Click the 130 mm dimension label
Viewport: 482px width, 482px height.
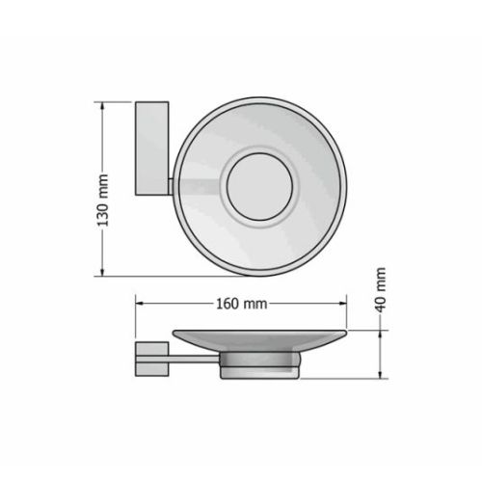point(103,201)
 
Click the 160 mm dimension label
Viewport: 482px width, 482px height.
point(241,304)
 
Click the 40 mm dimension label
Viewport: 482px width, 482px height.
point(381,290)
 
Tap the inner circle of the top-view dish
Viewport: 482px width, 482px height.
point(259,187)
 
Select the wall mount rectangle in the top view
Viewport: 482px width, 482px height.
point(152,148)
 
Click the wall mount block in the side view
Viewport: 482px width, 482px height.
point(151,359)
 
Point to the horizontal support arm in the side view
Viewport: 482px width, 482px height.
point(194,360)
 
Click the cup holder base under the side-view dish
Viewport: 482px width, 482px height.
point(259,365)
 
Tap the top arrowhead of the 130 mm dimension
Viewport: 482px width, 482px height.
point(102,106)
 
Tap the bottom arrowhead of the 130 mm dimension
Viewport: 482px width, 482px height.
point(102,272)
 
